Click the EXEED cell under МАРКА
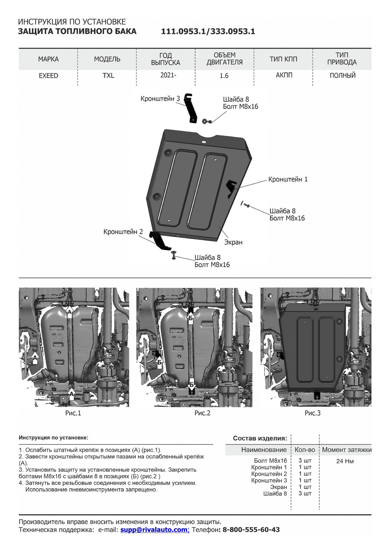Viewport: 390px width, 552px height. tap(49, 75)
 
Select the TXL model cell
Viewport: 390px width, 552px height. tap(108, 75)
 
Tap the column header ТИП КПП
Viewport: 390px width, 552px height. tap(283, 59)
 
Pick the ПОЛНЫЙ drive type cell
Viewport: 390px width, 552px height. tap(343, 75)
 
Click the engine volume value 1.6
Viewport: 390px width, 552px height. tap(224, 76)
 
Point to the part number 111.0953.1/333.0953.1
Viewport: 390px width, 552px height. tap(208, 32)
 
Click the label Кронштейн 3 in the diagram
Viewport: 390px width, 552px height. tap(160, 99)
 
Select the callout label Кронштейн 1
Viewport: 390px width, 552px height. tap(288, 180)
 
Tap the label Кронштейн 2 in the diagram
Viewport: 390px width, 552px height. tap(123, 232)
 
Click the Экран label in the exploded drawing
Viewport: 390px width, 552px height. tap(233, 242)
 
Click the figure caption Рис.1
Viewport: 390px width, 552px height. tap(73, 413)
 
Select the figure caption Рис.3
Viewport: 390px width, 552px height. tap(312, 413)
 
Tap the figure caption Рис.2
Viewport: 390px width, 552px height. tap(202, 413)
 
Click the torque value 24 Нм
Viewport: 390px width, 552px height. tap(345, 461)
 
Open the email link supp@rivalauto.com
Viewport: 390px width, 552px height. tap(155, 530)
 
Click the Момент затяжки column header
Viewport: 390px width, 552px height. tap(347, 450)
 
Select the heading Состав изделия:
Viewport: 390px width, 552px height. tap(260, 438)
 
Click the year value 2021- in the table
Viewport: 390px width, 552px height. tap(168, 75)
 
